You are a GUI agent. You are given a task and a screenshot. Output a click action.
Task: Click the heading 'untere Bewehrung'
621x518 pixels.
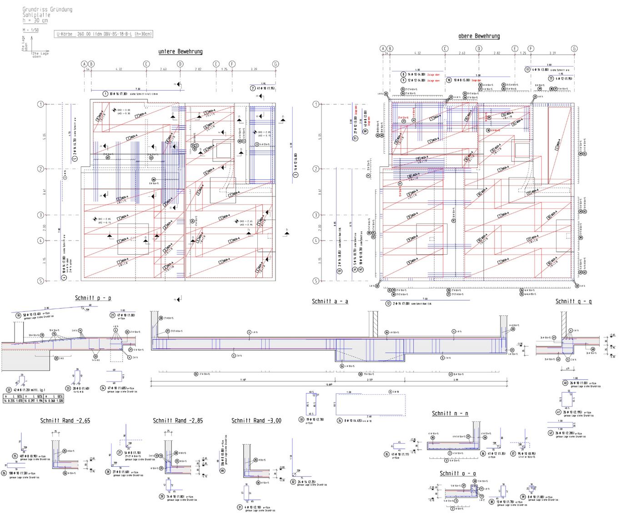[x=180, y=52]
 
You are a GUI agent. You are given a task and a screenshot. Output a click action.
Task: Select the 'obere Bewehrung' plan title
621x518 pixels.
[x=479, y=36]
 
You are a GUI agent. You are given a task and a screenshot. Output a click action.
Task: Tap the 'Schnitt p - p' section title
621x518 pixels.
[x=93, y=298]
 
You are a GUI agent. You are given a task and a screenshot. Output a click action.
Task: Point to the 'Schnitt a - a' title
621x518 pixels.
[x=330, y=302]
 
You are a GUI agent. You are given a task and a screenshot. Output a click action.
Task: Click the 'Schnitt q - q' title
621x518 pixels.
[x=573, y=302]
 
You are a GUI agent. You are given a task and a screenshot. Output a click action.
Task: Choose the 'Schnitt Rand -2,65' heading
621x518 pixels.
[x=65, y=421]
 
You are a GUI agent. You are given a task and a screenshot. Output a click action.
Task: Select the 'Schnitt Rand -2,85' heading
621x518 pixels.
[x=178, y=421]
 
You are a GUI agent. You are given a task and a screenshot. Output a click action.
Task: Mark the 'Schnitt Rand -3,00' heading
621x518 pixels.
[x=256, y=421]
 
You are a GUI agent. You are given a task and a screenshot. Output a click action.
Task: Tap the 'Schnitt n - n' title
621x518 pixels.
[x=450, y=413]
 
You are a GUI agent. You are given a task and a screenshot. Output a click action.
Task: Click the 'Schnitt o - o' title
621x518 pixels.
[x=458, y=474]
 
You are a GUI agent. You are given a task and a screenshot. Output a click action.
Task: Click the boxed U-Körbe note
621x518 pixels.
[x=104, y=34]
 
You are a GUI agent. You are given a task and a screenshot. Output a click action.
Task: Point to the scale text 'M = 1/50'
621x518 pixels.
[x=30, y=30]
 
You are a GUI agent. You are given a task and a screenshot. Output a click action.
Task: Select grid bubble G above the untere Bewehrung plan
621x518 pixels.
[x=275, y=64]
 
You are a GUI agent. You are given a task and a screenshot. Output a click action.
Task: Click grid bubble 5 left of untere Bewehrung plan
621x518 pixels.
[x=40, y=281]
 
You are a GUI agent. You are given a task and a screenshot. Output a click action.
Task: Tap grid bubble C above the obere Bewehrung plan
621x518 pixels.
[x=445, y=49]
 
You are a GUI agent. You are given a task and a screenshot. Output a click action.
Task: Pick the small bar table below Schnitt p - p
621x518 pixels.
[x=34, y=399]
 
